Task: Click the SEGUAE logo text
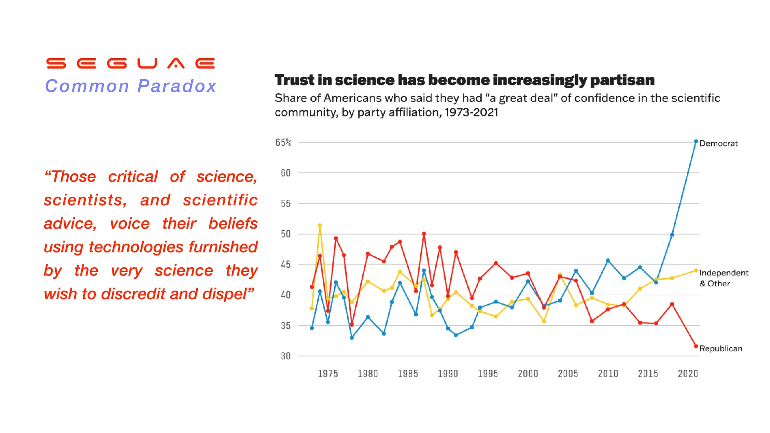130,63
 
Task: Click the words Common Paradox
130,86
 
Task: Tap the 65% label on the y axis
283,142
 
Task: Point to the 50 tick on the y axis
286,234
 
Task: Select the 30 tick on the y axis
286,356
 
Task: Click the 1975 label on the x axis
328,374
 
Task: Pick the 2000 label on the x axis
528,374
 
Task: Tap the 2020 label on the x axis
688,374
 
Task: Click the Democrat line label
718,144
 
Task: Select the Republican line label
720,349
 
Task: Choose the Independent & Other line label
723,278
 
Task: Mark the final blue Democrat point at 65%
696,142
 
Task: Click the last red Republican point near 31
696,346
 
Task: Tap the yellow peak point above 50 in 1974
320,226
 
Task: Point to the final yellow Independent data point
696,271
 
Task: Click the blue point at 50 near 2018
672,235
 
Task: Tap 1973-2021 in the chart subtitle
471,112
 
